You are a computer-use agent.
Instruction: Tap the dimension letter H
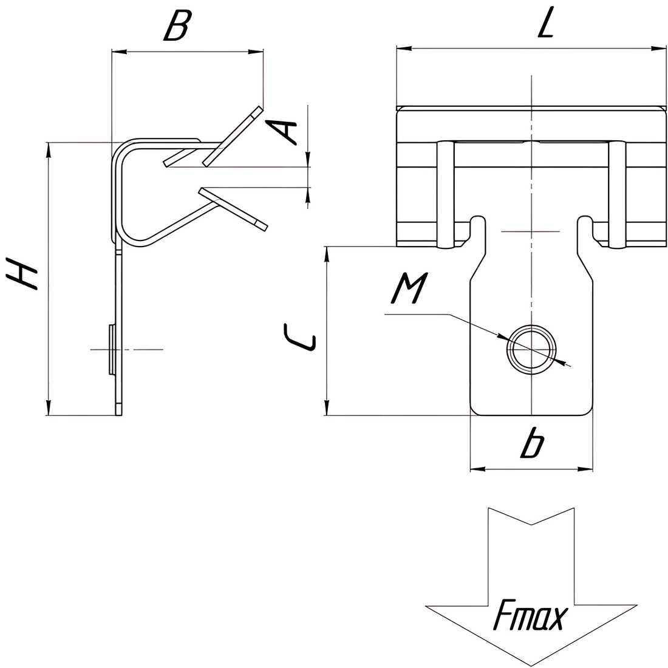pyautogui.click(x=22, y=273)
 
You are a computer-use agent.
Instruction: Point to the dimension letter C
pyautogui.click(x=299, y=338)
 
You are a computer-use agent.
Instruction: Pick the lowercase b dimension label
pyautogui.click(x=532, y=443)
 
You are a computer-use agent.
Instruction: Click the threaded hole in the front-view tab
pyautogui.click(x=531, y=349)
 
